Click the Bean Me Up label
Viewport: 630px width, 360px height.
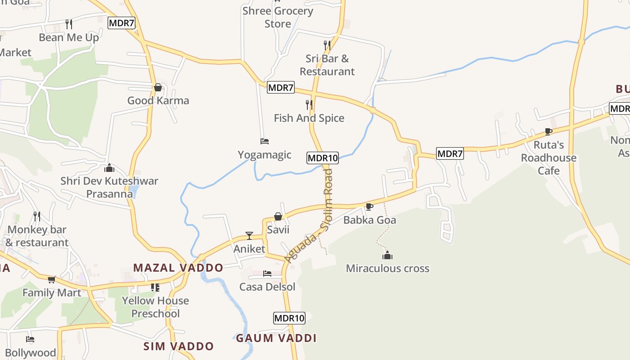pos(69,37)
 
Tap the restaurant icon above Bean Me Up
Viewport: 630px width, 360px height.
pos(69,24)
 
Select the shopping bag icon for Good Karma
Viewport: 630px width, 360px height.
pos(158,87)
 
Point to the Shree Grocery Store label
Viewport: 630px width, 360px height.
pos(278,17)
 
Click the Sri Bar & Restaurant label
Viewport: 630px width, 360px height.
pos(327,65)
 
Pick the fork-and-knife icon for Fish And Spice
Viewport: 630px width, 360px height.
pos(309,105)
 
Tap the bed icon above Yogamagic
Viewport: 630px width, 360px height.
pos(265,141)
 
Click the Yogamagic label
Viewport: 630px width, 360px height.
pos(265,155)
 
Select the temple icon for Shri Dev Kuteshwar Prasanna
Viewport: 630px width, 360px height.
pos(109,168)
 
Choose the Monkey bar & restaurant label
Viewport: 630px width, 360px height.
pos(37,236)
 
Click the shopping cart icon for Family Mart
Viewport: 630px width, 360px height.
pos(52,279)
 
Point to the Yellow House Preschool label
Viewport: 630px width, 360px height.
pos(155,307)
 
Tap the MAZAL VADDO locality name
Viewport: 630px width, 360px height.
pos(178,268)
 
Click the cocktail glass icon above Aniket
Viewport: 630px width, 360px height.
pos(249,235)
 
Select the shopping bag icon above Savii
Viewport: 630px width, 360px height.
pos(278,216)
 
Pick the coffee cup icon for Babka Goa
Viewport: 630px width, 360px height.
pos(369,207)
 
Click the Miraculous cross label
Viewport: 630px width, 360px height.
pos(387,269)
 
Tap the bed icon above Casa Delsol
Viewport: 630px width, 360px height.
pos(267,274)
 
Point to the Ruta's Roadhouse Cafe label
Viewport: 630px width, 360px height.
pos(549,158)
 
